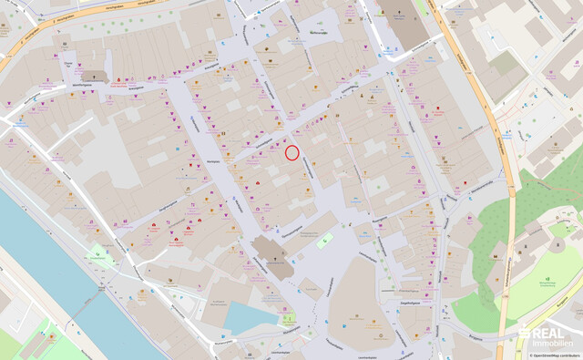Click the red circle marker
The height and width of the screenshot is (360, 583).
pyautogui.click(x=291, y=153)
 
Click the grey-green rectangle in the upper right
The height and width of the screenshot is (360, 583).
pyautogui.click(x=505, y=64)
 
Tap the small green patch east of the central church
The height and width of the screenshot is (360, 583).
pyautogui.click(x=325, y=239)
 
